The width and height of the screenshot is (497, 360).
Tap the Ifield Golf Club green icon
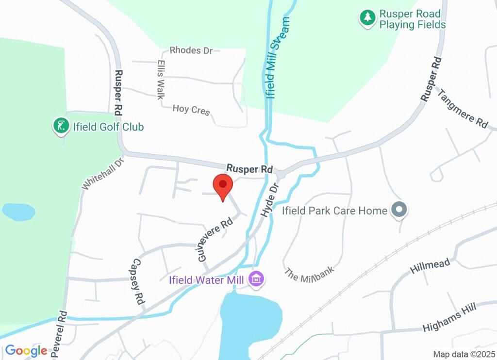[x=60, y=127]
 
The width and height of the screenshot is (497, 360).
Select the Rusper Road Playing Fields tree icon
[x=367, y=18]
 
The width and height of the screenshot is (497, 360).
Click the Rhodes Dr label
[x=191, y=50]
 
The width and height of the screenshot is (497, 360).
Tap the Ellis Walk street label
[x=161, y=79]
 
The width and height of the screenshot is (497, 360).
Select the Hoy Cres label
[x=191, y=110]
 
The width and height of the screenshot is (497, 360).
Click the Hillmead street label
[x=430, y=265]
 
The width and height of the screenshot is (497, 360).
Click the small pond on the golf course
[x=18, y=212]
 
